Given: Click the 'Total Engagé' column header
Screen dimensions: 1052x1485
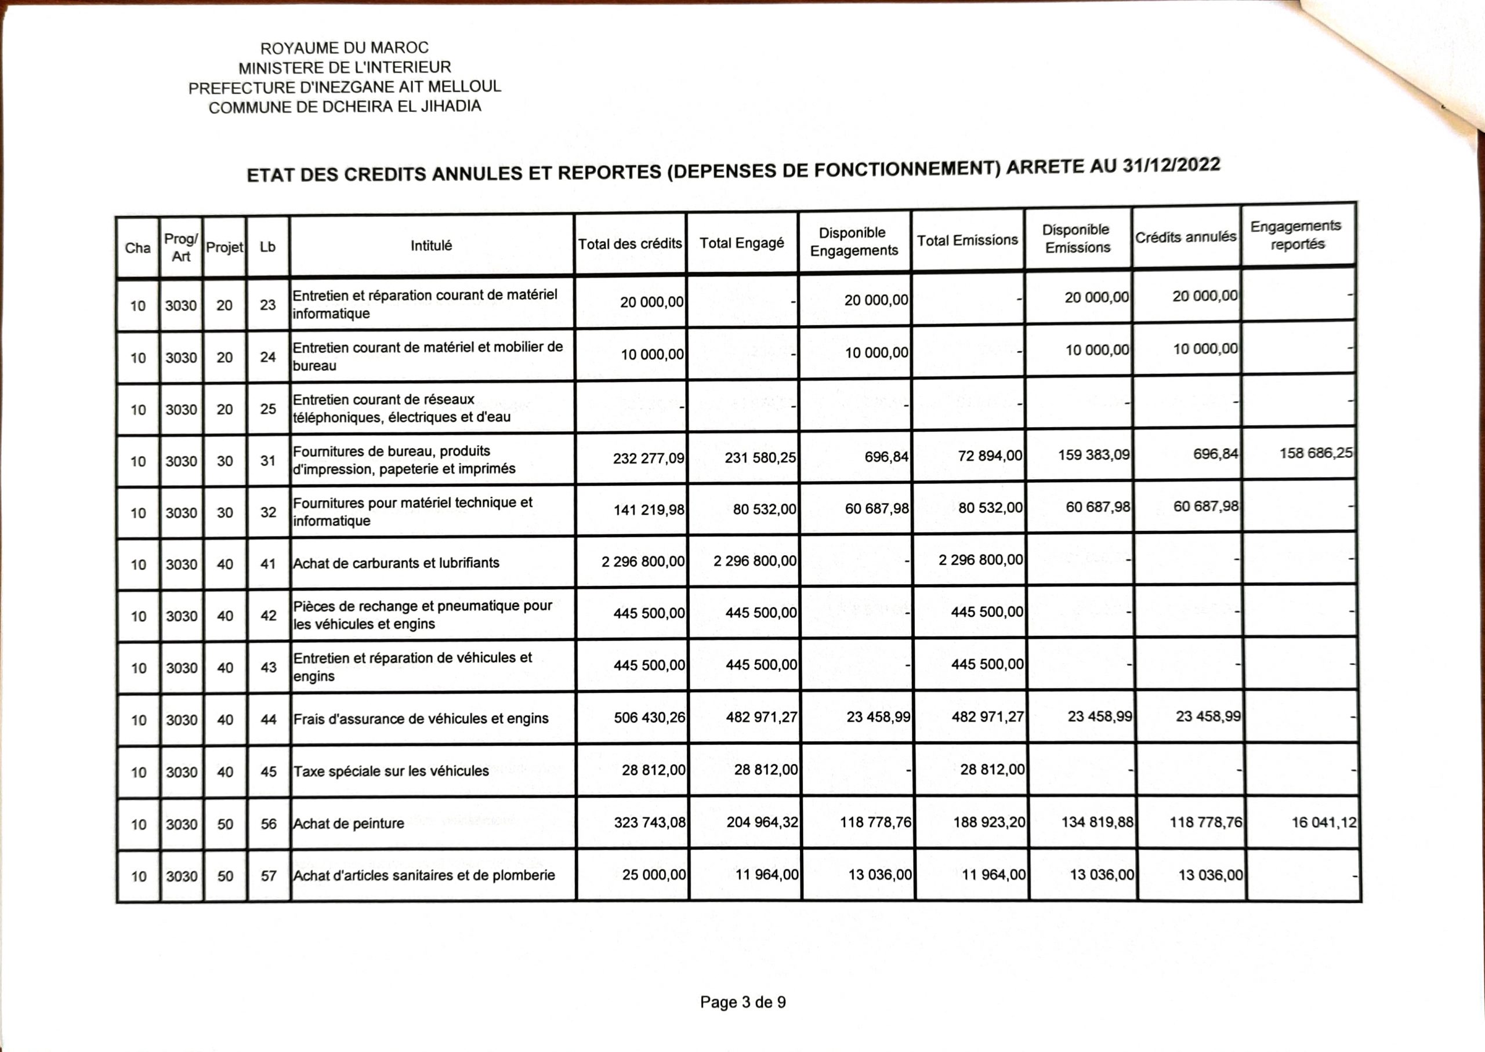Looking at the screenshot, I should (x=741, y=243).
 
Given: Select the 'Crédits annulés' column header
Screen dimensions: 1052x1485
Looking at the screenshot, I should (x=1186, y=237).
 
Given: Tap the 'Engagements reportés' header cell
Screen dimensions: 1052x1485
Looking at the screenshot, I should (x=1296, y=235).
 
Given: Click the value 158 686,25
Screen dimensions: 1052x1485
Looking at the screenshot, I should (x=1316, y=453).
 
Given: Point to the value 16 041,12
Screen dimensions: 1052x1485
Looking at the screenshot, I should (x=1324, y=822).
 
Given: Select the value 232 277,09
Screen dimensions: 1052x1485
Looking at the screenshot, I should (x=648, y=458).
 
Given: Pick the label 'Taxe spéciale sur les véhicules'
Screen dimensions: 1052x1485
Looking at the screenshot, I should (x=391, y=771).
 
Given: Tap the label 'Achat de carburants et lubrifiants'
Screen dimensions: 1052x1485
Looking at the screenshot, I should (x=396, y=563).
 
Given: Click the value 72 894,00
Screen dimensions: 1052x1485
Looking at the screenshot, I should (x=990, y=456).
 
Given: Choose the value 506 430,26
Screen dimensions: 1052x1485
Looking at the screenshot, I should (x=650, y=717).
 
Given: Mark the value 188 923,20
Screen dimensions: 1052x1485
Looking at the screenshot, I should (x=989, y=822).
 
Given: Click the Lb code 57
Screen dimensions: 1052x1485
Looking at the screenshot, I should (x=269, y=876).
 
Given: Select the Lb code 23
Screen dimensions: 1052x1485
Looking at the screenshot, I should (x=267, y=304).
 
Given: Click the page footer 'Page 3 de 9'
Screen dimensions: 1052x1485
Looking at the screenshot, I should (x=743, y=1002).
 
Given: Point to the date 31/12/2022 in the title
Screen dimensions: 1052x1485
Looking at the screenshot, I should (x=1171, y=165).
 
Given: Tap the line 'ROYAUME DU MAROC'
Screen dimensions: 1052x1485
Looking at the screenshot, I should (x=344, y=48).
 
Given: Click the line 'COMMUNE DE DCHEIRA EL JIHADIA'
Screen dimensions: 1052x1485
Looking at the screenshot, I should (x=345, y=107).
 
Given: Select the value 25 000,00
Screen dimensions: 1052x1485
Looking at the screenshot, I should (x=653, y=875).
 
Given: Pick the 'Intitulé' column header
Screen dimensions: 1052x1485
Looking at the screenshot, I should (x=431, y=246).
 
